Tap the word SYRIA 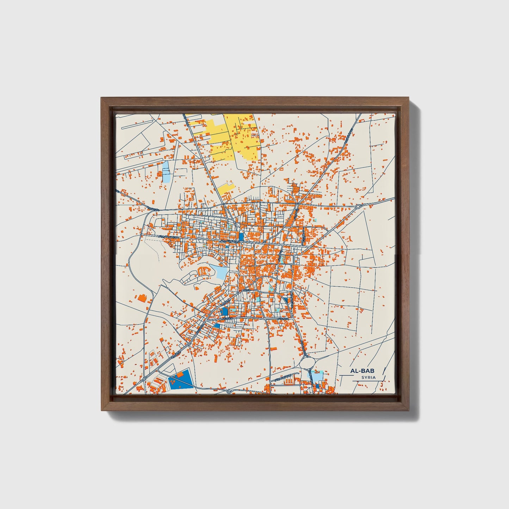(x=368, y=378)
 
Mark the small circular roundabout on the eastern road (x=358, y=206)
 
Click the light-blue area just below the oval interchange (x=317, y=377)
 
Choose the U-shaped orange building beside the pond (x=203, y=271)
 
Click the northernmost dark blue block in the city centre (x=241, y=236)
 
